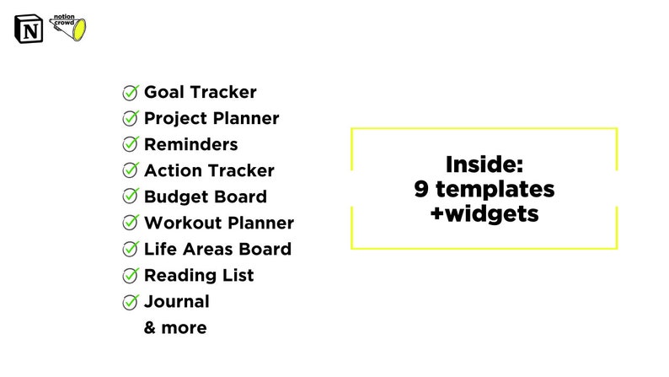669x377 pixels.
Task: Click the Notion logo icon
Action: point(28,29)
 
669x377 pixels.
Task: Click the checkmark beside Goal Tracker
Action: point(131,93)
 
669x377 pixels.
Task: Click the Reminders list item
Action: point(190,144)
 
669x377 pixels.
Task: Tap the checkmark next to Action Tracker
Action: point(131,171)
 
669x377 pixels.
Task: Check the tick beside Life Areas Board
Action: point(131,249)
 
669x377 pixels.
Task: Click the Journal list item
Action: point(176,301)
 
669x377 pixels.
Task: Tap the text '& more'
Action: point(175,327)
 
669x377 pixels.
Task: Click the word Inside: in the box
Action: point(484,164)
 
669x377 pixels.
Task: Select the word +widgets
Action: point(484,214)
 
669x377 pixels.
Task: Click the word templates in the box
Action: point(495,189)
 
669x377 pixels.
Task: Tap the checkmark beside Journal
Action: point(131,301)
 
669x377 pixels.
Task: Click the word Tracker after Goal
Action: point(225,93)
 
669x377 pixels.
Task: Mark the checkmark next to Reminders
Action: point(131,145)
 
